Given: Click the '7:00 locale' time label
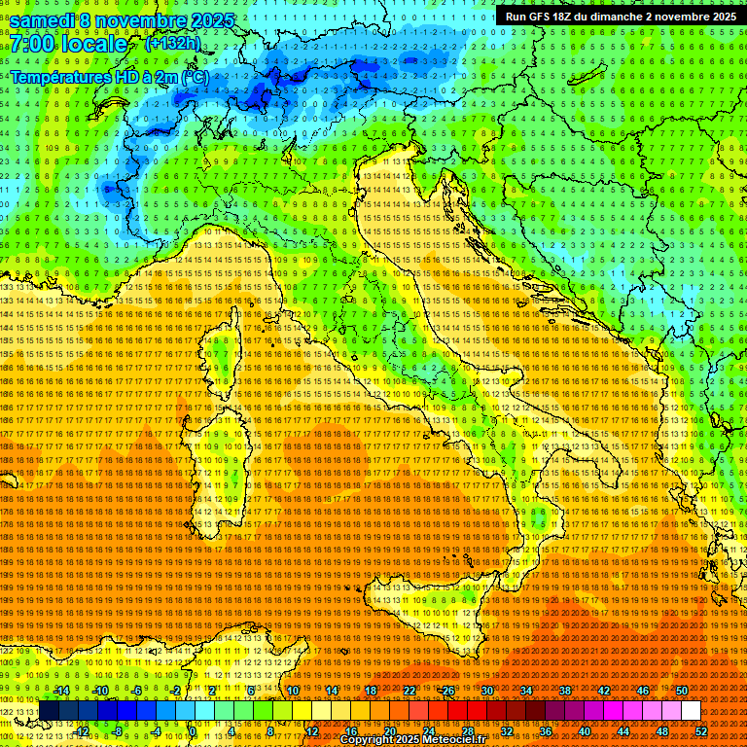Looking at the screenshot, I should pyautogui.click(x=68, y=44).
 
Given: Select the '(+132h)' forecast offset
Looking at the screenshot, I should pyautogui.click(x=173, y=44).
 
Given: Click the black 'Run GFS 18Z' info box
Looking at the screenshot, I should pyautogui.click(x=620, y=17).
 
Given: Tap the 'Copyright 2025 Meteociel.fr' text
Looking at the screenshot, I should pyautogui.click(x=412, y=740).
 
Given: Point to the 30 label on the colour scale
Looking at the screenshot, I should pyautogui.click(x=487, y=691).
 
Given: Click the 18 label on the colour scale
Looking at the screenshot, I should pyautogui.click(x=371, y=691).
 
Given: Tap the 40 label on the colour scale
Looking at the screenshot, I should pyautogui.click(x=585, y=731).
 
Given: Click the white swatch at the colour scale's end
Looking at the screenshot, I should pyautogui.click(x=691, y=710).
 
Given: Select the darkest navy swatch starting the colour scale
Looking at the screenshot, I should pyautogui.click(x=50, y=710).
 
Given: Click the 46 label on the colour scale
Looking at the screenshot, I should pyautogui.click(x=642, y=691).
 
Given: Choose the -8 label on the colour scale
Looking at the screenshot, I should pyautogui.click(x=118, y=731).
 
